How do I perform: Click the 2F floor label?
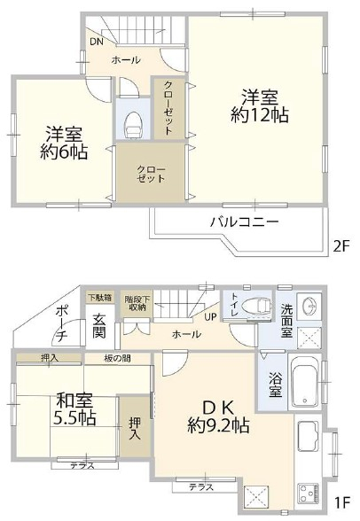tap(341, 247)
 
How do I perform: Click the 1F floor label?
tap(341, 503)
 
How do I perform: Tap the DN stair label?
tap(97, 42)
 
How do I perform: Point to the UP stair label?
tap(210, 317)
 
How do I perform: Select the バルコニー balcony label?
tap(244, 222)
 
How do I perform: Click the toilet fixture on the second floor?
tap(133, 125)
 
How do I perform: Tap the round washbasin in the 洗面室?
tap(309, 305)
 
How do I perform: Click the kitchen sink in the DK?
tap(309, 433)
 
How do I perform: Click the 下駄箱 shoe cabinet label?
tap(99, 297)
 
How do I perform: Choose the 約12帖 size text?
tap(259, 114)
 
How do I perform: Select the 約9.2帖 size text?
tap(218, 425)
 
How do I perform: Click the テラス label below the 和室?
tap(82, 466)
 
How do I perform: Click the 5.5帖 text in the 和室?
tap(74, 418)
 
